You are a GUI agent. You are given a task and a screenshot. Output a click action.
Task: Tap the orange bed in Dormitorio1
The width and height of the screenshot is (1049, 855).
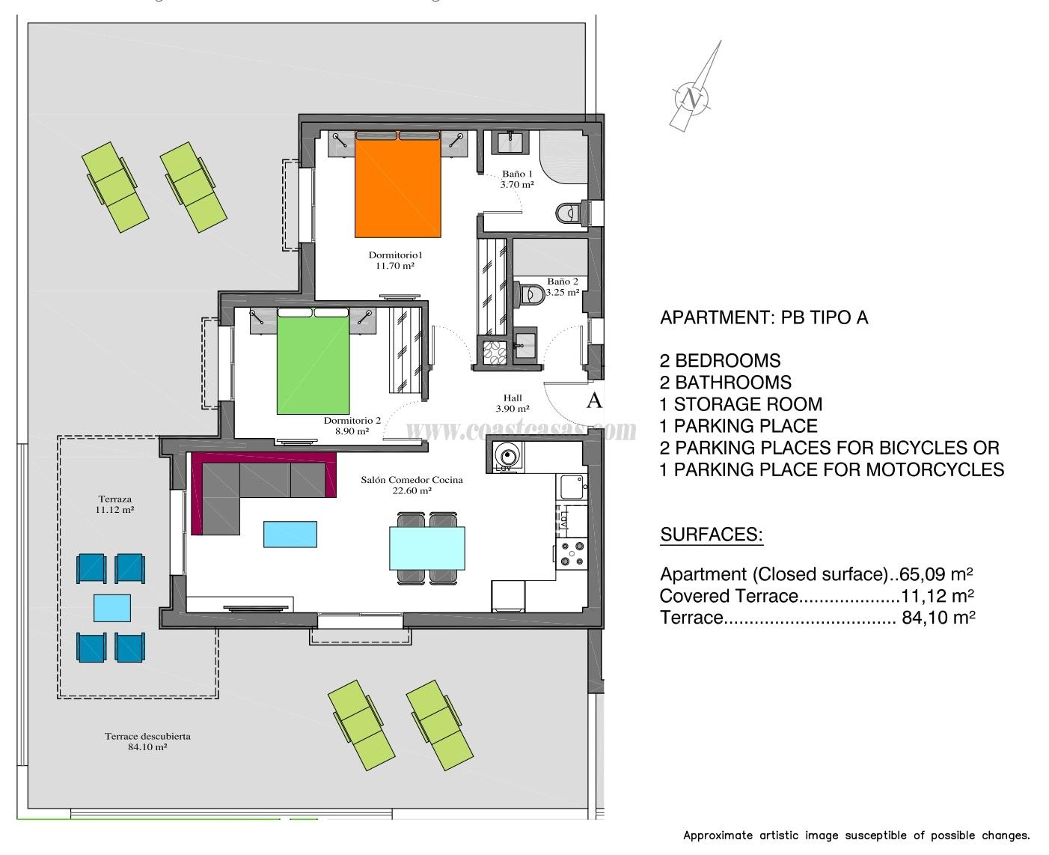(x=397, y=187)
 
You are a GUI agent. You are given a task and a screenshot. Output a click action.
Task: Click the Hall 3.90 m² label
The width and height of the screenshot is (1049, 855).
(x=513, y=404)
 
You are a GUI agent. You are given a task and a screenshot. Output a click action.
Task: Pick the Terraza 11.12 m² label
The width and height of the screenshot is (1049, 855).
(x=115, y=504)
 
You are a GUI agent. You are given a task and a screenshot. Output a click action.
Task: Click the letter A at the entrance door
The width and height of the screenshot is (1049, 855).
(x=594, y=401)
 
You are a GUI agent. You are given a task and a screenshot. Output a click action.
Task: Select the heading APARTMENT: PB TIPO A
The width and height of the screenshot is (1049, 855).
(x=764, y=317)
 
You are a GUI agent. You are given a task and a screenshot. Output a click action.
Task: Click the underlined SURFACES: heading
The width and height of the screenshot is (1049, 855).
(x=711, y=535)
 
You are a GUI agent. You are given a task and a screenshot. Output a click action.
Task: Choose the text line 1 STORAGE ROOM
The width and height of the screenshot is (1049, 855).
(x=741, y=404)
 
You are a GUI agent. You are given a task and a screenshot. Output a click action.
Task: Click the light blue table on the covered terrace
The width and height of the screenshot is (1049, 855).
(x=112, y=607)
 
